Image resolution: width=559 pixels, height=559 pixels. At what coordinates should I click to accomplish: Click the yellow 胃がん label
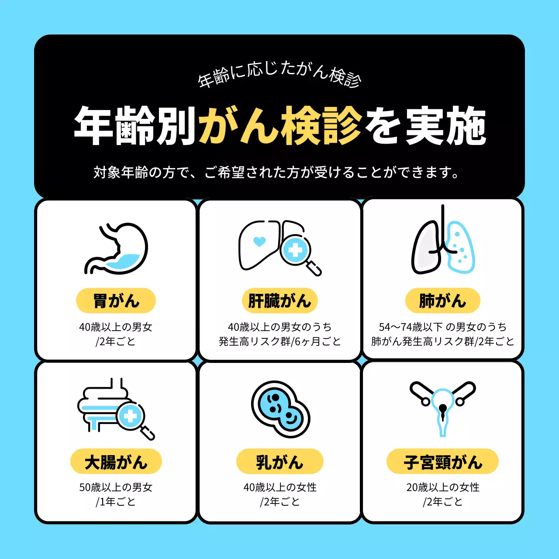[x=116, y=301]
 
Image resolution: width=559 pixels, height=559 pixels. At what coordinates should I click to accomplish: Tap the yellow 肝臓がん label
[x=279, y=301]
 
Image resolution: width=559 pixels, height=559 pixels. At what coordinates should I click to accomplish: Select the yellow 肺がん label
[x=442, y=301]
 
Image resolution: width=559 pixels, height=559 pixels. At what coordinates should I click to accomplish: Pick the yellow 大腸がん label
[x=116, y=462]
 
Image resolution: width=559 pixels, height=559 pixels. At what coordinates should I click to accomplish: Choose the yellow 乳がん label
[x=279, y=462]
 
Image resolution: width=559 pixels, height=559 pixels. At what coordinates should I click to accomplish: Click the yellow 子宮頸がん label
[x=442, y=462]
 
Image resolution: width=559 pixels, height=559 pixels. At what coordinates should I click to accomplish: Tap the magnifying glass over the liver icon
[x=297, y=251]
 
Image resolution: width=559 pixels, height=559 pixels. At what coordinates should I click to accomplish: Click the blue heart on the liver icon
[x=259, y=242]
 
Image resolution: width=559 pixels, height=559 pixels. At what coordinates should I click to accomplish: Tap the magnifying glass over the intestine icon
[x=131, y=417]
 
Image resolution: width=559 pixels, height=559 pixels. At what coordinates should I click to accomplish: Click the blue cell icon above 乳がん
[x=280, y=409]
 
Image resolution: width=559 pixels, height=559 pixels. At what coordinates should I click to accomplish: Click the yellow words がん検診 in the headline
[x=280, y=126]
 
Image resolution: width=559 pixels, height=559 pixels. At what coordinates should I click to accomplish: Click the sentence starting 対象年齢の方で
[x=277, y=173]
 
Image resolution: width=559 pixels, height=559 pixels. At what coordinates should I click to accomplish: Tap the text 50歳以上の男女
[x=116, y=487]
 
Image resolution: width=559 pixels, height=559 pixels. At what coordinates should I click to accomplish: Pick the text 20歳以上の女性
[x=442, y=487]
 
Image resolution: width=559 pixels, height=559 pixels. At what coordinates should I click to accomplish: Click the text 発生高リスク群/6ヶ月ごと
[x=279, y=342]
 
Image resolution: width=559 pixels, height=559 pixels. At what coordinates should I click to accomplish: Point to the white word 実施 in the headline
[x=445, y=126]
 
